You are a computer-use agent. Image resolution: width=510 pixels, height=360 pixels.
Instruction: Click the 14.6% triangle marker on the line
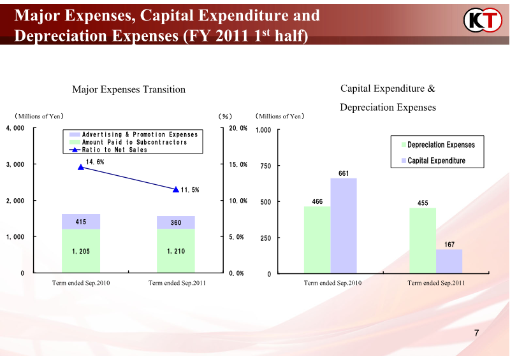pyautogui.click(x=80, y=168)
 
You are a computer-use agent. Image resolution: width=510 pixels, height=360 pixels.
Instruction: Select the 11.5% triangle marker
pyautogui.click(x=176, y=189)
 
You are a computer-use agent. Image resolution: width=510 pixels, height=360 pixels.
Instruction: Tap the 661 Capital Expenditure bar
pyautogui.click(x=344, y=226)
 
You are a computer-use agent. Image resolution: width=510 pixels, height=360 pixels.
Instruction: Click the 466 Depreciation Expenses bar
pyautogui.click(x=317, y=240)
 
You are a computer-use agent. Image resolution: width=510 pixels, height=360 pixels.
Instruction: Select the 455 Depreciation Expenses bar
pyautogui.click(x=423, y=240)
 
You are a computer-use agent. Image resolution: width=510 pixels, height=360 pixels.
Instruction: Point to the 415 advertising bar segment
pyautogui.click(x=81, y=222)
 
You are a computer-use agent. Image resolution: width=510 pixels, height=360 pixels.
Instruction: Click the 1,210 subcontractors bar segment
pyautogui.click(x=176, y=251)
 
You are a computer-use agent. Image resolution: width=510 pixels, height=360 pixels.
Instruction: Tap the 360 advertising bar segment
pyautogui.click(x=176, y=222)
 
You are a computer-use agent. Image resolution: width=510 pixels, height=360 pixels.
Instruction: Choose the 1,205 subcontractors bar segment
pyautogui.click(x=81, y=251)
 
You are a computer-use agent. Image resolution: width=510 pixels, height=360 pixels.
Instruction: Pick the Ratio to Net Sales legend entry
pyautogui.click(x=108, y=150)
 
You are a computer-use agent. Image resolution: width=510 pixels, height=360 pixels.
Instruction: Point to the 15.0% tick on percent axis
pyautogui.click(x=238, y=164)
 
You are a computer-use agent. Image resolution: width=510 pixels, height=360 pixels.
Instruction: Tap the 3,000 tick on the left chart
pyautogui.click(x=16, y=164)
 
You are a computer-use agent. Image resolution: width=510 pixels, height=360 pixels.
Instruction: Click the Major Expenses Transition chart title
pyautogui.click(x=129, y=89)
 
